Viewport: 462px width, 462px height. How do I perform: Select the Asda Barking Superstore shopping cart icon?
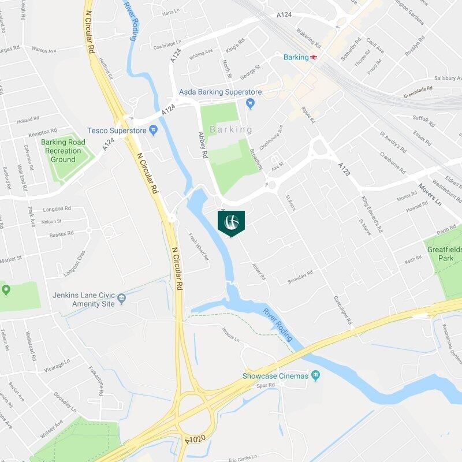250,103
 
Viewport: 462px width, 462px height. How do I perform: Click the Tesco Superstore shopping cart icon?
153,131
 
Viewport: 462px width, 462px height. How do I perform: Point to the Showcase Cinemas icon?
315,376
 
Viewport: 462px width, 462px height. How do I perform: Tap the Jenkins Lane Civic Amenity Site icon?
121,299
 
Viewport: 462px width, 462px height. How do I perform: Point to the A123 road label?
344,169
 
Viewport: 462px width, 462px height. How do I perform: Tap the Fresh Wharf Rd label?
199,247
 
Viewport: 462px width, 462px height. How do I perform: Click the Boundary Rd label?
300,277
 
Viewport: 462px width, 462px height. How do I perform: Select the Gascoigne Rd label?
342,310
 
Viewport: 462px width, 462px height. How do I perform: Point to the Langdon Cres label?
74,262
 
